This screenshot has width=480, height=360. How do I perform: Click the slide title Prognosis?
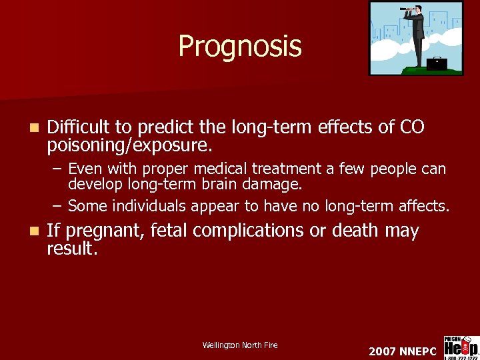tap(239, 47)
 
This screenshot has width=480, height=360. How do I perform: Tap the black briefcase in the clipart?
tap(437, 63)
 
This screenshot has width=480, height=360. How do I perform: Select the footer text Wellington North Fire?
tap(240, 345)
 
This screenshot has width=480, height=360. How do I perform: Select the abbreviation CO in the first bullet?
tap(411, 127)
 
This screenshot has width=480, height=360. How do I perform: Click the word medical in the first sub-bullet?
tap(212, 169)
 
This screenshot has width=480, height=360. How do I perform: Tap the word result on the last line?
tap(71, 249)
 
